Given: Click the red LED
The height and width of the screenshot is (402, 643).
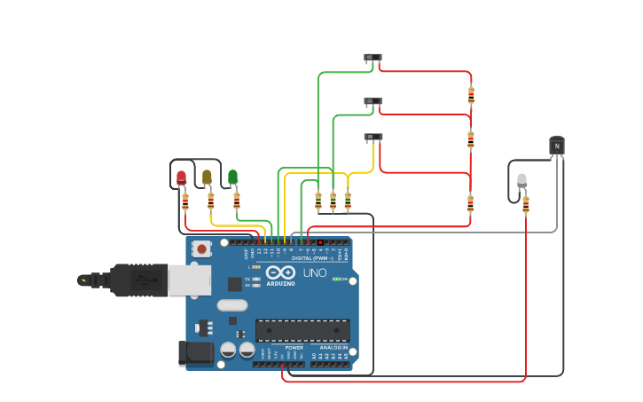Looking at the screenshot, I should [182, 177].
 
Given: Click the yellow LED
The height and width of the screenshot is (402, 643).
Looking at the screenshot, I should [208, 177].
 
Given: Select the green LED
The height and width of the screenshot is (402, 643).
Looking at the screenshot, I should [233, 177].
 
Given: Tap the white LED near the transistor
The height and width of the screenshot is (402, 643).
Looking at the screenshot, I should [521, 180].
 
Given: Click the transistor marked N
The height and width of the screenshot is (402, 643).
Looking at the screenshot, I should [557, 146].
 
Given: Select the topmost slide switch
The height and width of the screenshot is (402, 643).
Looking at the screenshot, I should [372, 58].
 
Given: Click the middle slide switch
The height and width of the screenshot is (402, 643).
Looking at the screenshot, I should [372, 101].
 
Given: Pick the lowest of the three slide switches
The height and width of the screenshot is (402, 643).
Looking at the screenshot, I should [373, 138].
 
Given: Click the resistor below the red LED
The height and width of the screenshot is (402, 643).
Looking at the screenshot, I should [185, 202].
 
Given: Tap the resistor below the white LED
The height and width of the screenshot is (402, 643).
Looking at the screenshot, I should [526, 205].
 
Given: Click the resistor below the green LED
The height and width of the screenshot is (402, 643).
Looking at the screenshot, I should [237, 201].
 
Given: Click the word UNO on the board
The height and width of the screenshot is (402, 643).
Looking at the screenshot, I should [315, 273].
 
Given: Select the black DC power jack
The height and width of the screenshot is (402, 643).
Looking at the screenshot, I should [196, 353].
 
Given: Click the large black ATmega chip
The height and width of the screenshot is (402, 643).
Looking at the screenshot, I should [302, 330].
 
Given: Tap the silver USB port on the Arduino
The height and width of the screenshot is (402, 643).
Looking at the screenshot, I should [190, 280].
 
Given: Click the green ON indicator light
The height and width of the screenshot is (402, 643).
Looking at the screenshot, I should [336, 279].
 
